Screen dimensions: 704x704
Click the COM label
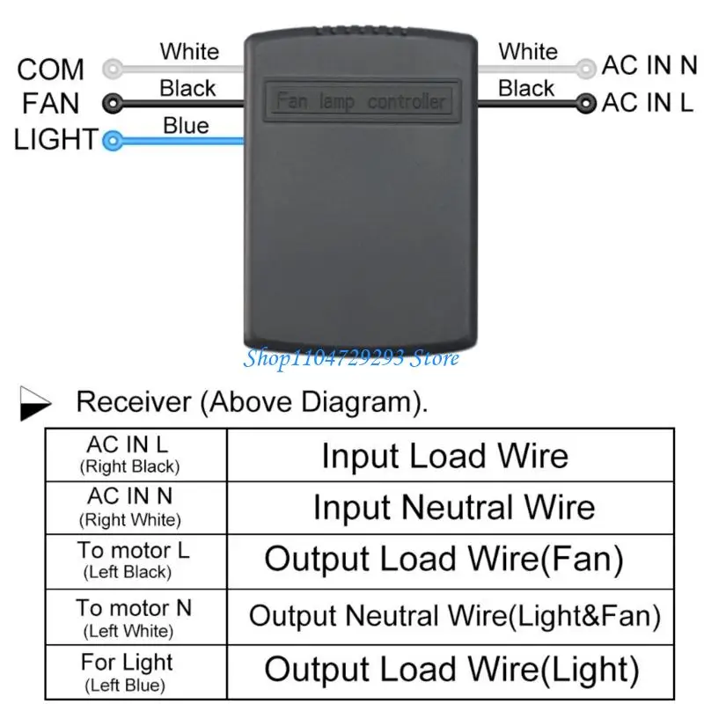(50, 70)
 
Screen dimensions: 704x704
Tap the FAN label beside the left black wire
(51, 103)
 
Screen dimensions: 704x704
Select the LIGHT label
(55, 139)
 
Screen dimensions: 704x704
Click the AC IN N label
(649, 65)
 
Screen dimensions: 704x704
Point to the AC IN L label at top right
(648, 102)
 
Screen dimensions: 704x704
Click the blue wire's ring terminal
(113, 141)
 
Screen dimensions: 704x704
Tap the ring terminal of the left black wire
(113, 104)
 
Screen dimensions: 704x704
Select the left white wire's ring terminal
(113, 69)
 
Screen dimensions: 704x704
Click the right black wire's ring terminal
(586, 104)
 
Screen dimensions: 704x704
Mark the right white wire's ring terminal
(586, 69)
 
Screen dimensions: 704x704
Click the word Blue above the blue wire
(187, 126)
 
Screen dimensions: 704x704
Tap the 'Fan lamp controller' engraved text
(361, 101)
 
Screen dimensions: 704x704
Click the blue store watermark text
(351, 358)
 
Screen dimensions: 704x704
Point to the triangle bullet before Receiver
(35, 403)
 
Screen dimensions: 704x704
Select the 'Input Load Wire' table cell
(451, 455)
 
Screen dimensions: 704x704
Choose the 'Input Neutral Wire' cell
(451, 508)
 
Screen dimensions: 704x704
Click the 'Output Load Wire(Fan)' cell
(451, 561)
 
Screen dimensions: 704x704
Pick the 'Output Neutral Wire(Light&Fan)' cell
(451, 617)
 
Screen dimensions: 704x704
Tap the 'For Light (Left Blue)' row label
(127, 672)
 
